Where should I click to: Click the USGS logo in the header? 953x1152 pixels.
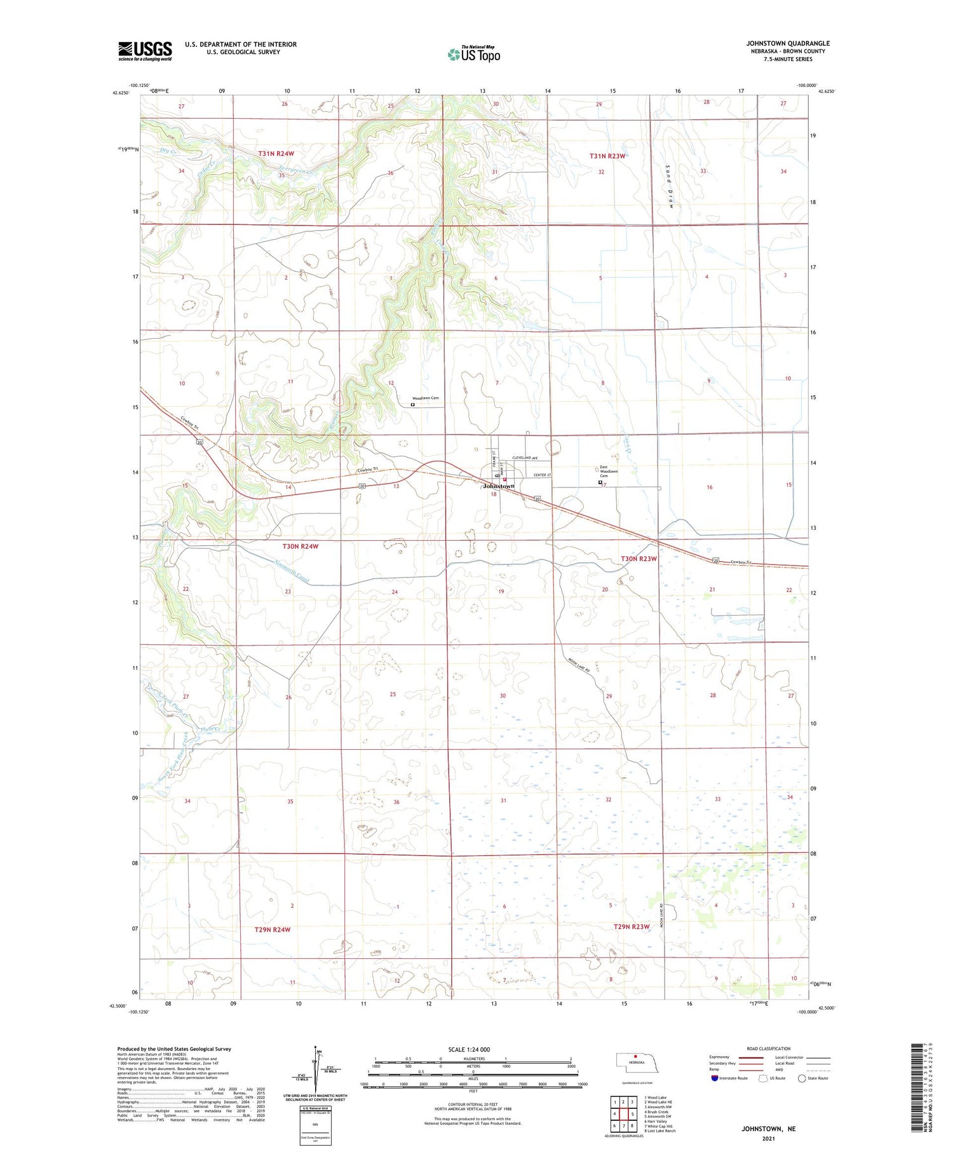tap(145, 51)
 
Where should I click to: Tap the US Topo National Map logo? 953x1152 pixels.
tap(474, 54)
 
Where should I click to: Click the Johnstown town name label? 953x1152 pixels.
tap(499, 486)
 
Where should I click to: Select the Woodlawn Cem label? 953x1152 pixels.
tap(426, 398)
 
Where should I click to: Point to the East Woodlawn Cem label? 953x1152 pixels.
tap(609, 471)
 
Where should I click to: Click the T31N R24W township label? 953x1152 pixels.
tap(276, 154)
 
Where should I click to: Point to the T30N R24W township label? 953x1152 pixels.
tap(300, 546)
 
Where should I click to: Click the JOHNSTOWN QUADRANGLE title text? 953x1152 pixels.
tap(788, 43)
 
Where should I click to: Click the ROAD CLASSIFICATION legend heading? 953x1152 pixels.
tap(769, 1048)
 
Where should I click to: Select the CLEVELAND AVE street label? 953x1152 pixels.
tap(525, 458)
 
